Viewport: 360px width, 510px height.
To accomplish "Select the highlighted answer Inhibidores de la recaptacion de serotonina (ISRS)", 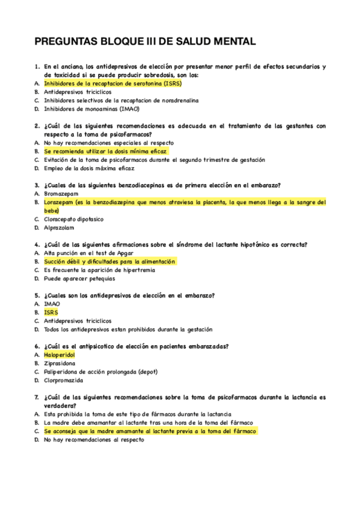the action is [112, 84].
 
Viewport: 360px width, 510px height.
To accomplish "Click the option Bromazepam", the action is [63, 194].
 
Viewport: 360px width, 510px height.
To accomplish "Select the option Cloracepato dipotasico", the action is [74, 220].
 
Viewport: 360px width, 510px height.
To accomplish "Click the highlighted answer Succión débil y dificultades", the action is [109, 262].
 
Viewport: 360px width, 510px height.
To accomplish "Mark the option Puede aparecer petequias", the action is [80, 278].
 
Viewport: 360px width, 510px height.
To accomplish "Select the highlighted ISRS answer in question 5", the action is [51, 313].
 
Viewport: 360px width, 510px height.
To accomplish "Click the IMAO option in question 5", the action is [52, 304].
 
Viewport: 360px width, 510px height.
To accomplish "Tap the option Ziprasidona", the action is [60, 364].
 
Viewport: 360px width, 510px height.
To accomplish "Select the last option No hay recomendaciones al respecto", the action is [94, 440].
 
